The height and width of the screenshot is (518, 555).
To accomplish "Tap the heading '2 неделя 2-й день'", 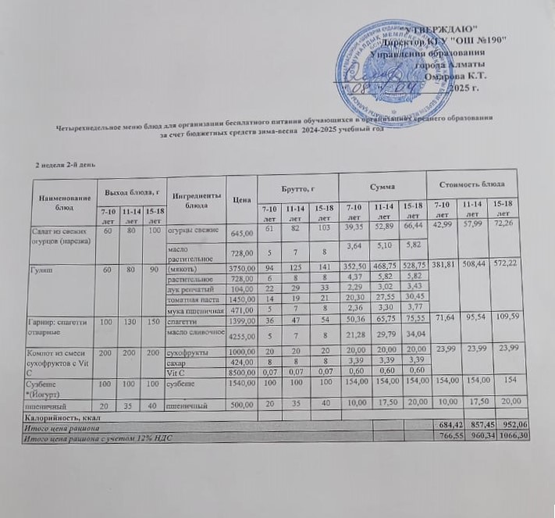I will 67,166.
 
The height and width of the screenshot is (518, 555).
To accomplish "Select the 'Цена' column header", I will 240,198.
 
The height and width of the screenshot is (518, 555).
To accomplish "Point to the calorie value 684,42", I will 448,423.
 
